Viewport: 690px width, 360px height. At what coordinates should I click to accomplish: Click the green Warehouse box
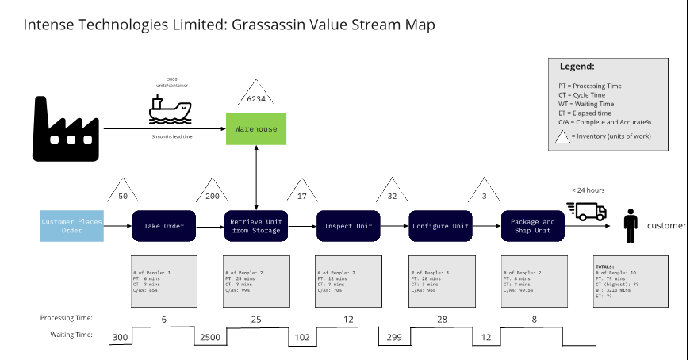(x=256, y=128)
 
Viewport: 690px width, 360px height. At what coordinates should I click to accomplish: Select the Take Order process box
(x=164, y=226)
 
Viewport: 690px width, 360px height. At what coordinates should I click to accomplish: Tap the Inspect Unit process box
(x=348, y=226)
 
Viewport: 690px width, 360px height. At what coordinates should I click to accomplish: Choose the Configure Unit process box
(x=440, y=226)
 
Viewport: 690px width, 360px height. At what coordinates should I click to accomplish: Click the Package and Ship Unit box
(x=532, y=226)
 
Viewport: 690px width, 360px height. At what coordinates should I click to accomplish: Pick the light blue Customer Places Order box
(x=72, y=226)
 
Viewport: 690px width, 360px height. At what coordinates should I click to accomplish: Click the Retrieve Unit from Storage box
(x=256, y=226)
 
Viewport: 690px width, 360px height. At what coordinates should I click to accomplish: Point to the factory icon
(x=66, y=128)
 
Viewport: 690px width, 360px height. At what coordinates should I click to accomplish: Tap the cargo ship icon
(x=170, y=110)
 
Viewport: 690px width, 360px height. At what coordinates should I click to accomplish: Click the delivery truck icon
(x=587, y=210)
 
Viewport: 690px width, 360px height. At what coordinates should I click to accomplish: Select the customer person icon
(x=631, y=226)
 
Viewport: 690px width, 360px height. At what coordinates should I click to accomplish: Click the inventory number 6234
(x=256, y=99)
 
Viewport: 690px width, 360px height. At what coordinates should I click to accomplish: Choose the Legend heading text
(x=577, y=67)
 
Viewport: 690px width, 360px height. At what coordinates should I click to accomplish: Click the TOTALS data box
(x=631, y=281)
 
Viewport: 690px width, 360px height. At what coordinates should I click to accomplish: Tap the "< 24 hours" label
(x=588, y=190)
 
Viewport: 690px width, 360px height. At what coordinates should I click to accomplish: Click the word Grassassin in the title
(x=269, y=25)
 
